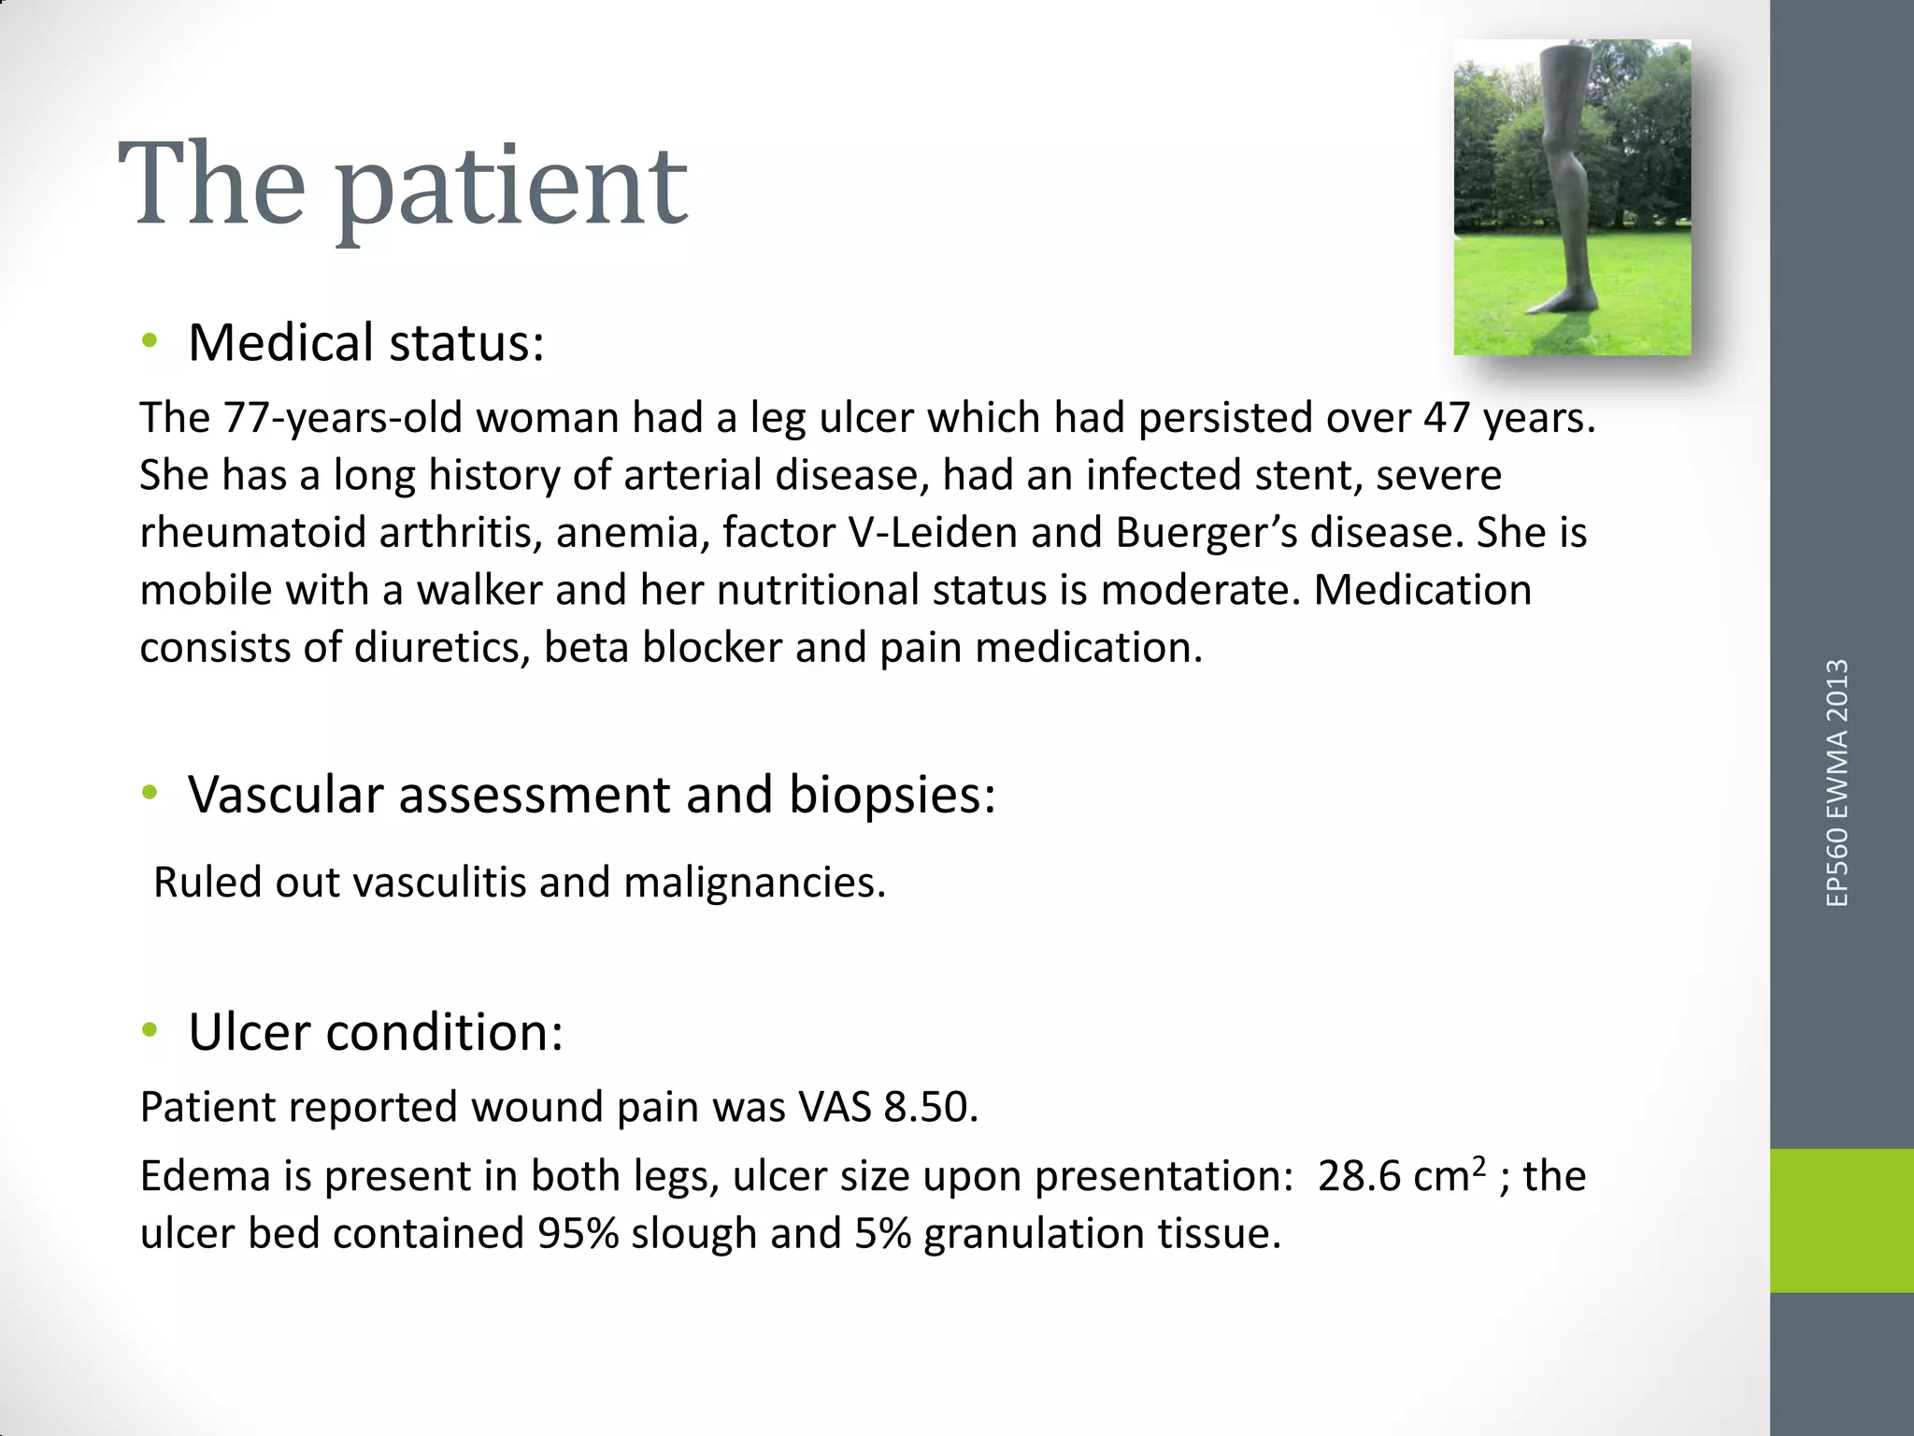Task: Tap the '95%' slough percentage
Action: pyautogui.click(x=578, y=1234)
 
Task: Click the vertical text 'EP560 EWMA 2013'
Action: pyautogui.click(x=1836, y=783)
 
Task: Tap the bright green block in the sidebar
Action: pyautogui.click(x=1841, y=1220)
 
